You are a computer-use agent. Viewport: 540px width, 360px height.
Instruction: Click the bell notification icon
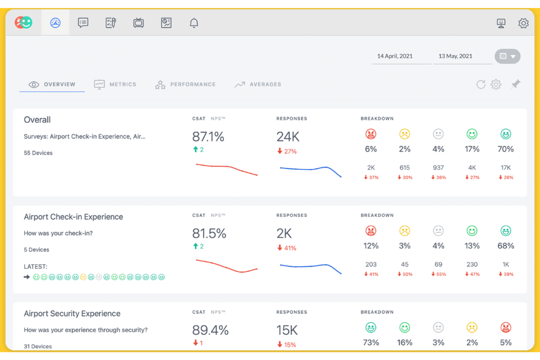[194, 23]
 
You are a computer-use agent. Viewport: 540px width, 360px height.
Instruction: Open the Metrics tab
[115, 84]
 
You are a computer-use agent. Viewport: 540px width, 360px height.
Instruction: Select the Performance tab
[185, 84]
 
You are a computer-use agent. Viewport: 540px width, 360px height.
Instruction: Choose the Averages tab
[258, 84]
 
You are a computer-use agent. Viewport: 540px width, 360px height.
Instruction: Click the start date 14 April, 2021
[395, 56]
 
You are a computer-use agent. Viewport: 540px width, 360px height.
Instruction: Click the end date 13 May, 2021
[455, 56]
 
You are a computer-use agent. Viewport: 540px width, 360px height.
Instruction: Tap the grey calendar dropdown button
[507, 56]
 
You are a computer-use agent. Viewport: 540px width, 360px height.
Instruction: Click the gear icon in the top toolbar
[523, 23]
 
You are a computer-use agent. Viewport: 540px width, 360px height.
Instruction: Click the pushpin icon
[516, 84]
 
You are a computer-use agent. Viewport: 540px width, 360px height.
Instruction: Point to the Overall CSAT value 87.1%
[208, 137]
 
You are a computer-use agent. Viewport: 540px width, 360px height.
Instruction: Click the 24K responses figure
[288, 137]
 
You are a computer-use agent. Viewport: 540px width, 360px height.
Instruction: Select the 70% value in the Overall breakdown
[505, 149]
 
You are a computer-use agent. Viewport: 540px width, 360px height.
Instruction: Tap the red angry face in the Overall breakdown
[371, 134]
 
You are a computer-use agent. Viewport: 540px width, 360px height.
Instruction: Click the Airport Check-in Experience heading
[73, 217]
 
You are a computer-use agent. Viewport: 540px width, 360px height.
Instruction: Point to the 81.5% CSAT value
[209, 233]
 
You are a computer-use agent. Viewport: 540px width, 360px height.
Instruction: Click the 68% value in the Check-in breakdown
[505, 246]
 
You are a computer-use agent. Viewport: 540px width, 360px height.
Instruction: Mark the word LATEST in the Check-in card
[35, 267]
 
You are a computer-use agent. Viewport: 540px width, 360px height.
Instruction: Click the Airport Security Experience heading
[72, 313]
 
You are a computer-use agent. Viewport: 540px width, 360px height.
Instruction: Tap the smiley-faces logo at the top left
[23, 23]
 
